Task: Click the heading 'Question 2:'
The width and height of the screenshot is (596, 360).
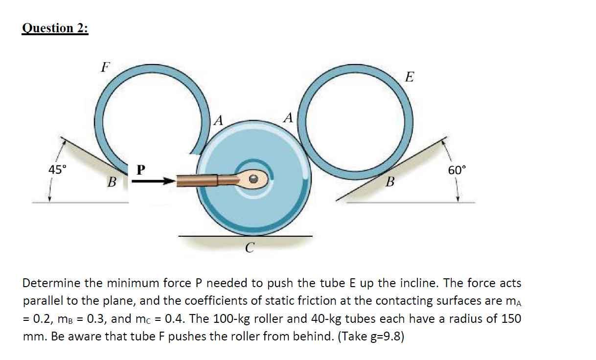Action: tap(55, 28)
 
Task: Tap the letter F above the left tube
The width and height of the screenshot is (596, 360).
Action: tap(104, 67)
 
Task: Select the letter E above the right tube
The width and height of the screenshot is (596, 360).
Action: tap(410, 77)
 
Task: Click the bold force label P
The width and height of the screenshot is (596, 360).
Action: tap(140, 170)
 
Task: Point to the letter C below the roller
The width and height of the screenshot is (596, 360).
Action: tap(250, 248)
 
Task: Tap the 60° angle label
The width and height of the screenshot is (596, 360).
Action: tap(457, 170)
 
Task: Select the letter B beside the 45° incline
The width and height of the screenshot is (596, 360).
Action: tap(112, 183)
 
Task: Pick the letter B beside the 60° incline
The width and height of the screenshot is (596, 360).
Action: tap(390, 183)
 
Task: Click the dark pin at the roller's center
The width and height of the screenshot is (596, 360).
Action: tap(253, 180)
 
